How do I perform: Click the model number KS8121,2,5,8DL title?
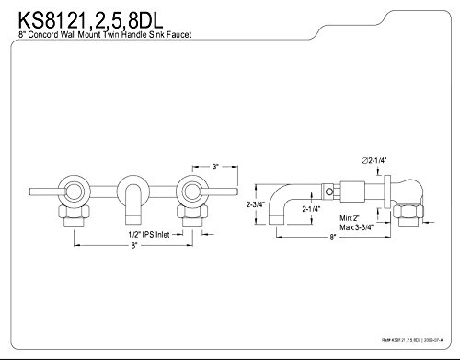coord(90,20)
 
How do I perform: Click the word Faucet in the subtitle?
coord(179,34)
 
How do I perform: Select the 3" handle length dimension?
coord(215,167)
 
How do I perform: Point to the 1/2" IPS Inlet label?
coord(149,235)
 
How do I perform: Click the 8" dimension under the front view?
coord(133,245)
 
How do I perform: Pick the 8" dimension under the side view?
coord(333,238)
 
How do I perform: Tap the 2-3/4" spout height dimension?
coord(256,204)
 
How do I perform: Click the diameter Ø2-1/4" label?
coord(374,160)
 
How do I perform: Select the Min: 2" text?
coord(350,218)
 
